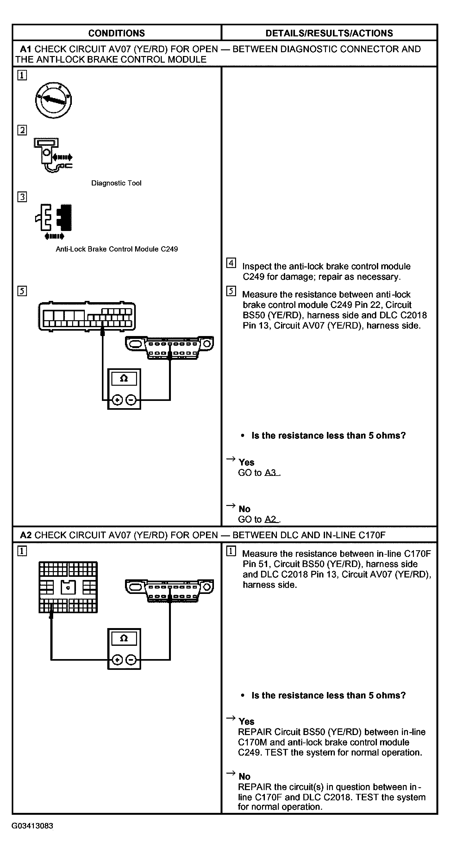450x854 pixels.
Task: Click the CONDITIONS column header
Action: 116,33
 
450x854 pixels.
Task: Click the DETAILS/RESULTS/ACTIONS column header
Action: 329,33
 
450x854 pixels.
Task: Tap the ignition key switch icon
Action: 53,100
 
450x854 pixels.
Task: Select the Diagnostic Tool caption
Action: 116,183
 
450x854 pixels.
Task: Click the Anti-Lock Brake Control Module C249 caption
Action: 117,249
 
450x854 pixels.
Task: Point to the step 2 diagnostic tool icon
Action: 53,155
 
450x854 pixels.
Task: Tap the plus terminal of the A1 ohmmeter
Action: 117,400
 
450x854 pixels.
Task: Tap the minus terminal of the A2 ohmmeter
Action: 131,660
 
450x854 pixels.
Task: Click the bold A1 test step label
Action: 26,49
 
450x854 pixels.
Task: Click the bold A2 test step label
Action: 26,535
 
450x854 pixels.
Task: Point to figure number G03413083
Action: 32,826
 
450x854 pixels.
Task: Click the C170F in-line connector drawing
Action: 68,587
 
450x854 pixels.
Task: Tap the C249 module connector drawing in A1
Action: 87,316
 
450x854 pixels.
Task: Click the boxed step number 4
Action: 231,263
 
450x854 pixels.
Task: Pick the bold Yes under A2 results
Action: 247,721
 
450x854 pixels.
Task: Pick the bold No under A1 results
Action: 244,509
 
